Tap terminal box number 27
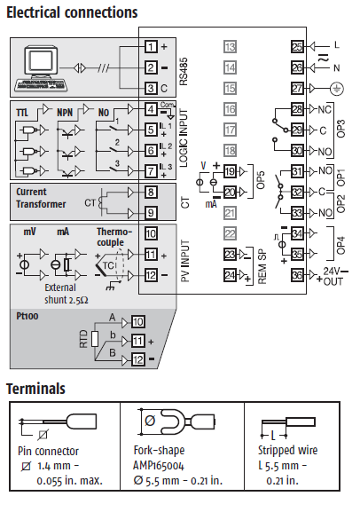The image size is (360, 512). pyautogui.click(x=297, y=89)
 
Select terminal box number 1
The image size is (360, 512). pyautogui.click(x=151, y=47)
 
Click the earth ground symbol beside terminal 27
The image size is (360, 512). pyautogui.click(x=336, y=89)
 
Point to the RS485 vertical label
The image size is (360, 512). pyautogui.click(x=184, y=72)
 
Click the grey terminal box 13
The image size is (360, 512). pyautogui.click(x=231, y=47)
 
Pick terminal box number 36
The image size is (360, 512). pyautogui.click(x=297, y=275)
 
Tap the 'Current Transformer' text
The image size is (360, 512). pyautogui.click(x=41, y=198)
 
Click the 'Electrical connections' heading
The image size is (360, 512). pyautogui.click(x=72, y=12)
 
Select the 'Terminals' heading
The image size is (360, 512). pyautogui.click(x=35, y=389)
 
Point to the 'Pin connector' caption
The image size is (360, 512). pyautogui.click(x=48, y=451)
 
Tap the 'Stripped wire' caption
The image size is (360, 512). pyautogui.click(x=287, y=450)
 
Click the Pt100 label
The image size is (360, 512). pyautogui.click(x=27, y=316)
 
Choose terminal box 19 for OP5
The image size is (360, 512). pyautogui.click(x=231, y=171)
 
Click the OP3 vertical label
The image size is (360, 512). pyautogui.click(x=340, y=129)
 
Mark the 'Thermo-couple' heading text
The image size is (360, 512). pyautogui.click(x=113, y=237)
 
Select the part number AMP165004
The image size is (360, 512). pyautogui.click(x=159, y=465)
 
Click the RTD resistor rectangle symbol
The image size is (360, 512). pyautogui.click(x=95, y=339)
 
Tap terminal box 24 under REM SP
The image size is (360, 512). pyautogui.click(x=231, y=275)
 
